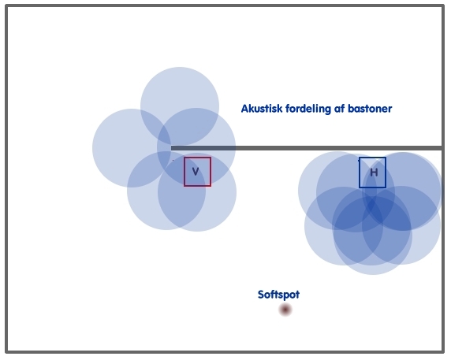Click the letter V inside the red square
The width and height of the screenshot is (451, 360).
point(196,172)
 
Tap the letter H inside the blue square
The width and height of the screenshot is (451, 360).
point(374,173)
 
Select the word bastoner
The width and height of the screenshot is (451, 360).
point(370,109)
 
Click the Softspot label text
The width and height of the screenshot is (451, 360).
point(278,295)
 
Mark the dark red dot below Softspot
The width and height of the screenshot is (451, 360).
point(285,310)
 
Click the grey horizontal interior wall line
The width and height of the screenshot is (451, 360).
point(307,148)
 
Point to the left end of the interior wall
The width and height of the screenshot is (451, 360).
point(172,148)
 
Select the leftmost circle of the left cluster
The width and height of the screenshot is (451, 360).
point(115,148)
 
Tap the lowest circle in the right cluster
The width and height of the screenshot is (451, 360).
point(372,258)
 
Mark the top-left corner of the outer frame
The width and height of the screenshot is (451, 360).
point(6,6)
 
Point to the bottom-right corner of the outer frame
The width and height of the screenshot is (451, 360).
point(443,351)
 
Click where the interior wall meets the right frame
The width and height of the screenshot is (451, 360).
point(442,148)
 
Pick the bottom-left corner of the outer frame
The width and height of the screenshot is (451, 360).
point(6,351)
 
